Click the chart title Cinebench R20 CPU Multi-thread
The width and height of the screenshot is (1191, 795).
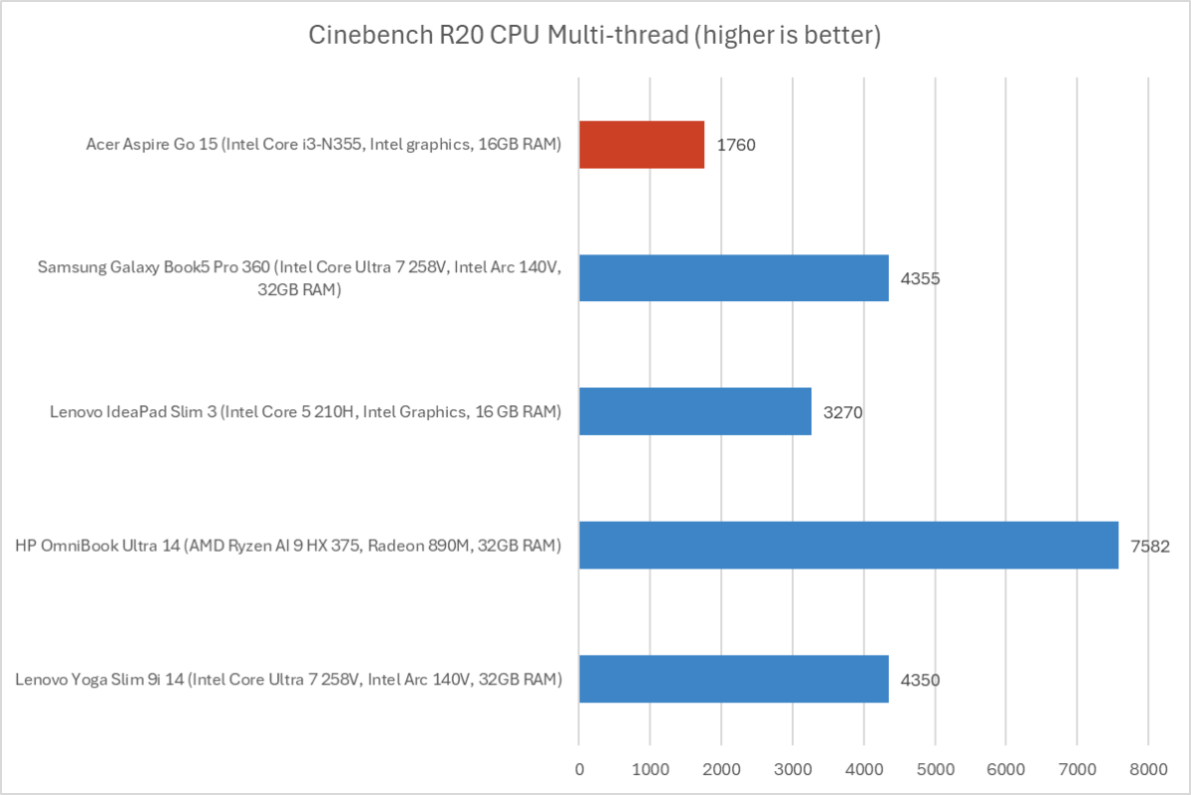click(595, 37)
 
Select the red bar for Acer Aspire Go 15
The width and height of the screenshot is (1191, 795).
click(642, 145)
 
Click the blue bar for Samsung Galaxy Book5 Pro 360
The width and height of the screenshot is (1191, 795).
click(733, 278)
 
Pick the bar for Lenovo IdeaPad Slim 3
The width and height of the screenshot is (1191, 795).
click(694, 411)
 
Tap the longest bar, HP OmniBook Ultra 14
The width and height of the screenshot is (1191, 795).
click(848, 545)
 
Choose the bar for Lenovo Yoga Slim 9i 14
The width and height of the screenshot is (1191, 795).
click(733, 679)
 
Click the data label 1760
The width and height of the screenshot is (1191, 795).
click(736, 145)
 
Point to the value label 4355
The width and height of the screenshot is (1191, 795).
click(920, 278)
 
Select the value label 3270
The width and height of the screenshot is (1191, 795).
click(842, 411)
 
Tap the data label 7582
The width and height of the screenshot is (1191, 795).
click(1150, 545)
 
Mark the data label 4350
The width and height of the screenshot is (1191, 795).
click(920, 680)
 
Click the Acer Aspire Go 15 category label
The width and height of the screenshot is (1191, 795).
click(324, 145)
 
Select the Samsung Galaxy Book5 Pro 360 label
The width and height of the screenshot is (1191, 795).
click(299, 278)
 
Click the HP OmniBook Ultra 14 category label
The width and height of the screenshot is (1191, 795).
click(289, 545)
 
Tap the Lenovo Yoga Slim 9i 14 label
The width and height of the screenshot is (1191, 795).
click(289, 680)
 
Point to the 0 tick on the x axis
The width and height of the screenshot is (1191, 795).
click(579, 768)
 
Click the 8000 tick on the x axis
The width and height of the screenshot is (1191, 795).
click(1147, 768)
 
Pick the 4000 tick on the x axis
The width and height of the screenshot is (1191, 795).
click(863, 768)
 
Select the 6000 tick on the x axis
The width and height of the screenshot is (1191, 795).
click(1005, 768)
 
